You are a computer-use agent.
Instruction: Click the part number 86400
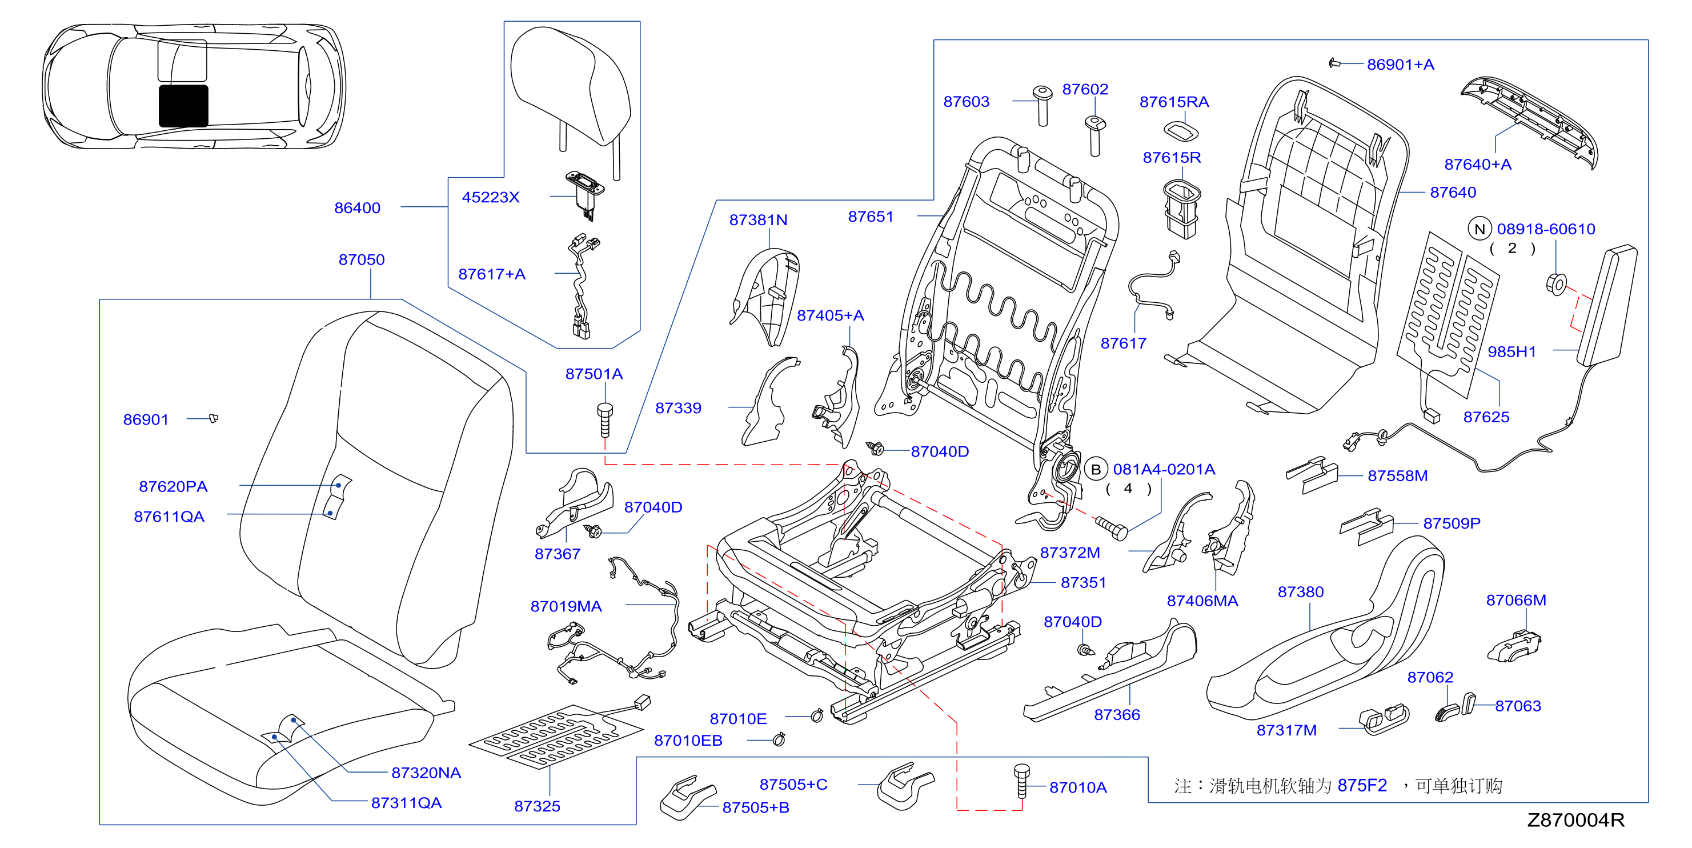358,207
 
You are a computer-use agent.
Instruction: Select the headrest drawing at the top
571,98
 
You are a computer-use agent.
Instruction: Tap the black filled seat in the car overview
183,106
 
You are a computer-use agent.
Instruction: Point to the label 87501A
594,374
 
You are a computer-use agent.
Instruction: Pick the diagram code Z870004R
1575,820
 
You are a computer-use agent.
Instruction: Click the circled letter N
1480,229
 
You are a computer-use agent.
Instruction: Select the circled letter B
1096,470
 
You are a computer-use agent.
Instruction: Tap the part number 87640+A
1478,164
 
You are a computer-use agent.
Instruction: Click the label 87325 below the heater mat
538,806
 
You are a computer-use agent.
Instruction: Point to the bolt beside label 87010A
1021,782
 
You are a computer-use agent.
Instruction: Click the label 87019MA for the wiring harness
566,606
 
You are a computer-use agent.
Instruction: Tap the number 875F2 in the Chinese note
1362,786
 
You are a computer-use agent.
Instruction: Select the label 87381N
758,220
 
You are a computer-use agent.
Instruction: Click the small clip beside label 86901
214,418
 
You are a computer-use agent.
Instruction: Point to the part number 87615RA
1174,102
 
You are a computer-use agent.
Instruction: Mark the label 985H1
1512,352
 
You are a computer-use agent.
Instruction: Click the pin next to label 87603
1043,105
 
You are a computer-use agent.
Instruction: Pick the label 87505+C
793,784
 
